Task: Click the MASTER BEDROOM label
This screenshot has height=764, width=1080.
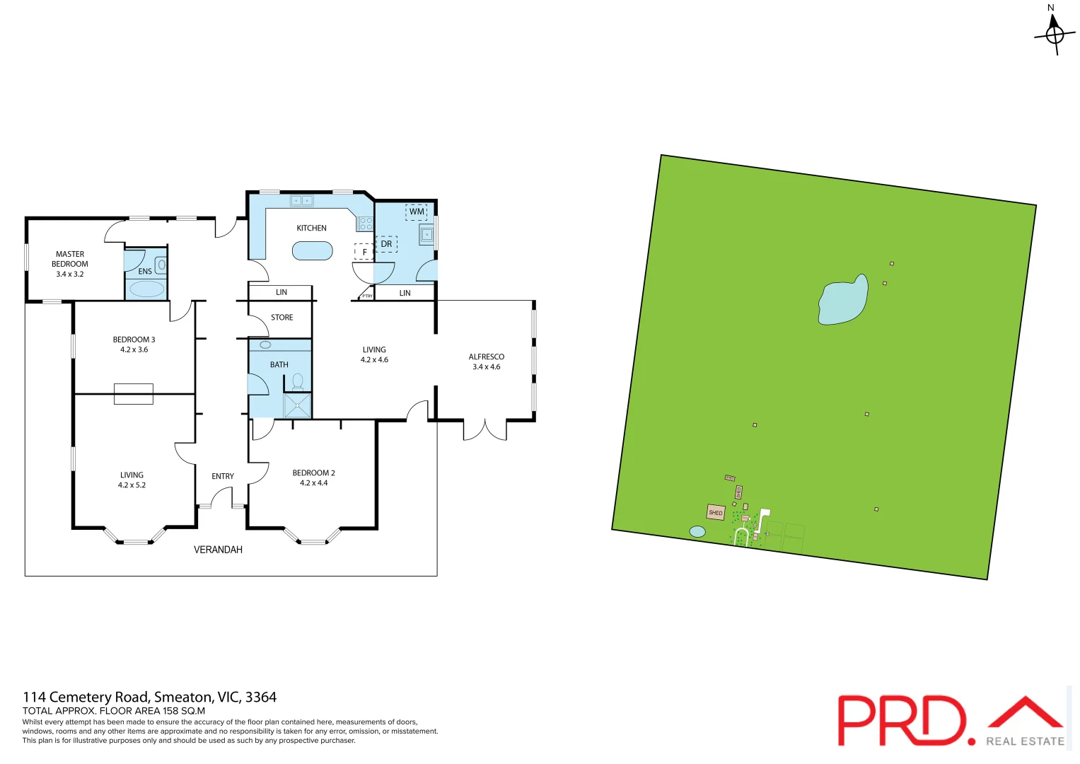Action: coord(70,259)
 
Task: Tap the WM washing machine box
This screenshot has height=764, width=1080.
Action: coord(417,212)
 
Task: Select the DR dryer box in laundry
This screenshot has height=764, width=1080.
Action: coord(386,244)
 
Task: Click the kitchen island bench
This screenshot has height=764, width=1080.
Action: coord(312,251)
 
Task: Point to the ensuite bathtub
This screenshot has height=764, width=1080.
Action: coord(146,289)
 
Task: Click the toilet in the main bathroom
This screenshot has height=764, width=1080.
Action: coord(298,382)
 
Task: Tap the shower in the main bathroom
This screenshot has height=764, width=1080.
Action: coord(297,405)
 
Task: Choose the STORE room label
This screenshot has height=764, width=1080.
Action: coord(281,318)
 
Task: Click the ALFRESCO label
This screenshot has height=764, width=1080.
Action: coord(487,357)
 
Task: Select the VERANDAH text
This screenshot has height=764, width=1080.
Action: coord(218,550)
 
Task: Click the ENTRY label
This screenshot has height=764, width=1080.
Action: coord(223,476)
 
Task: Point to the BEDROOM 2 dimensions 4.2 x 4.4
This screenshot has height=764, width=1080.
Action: coord(313,483)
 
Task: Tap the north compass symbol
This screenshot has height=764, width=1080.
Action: coord(1055,32)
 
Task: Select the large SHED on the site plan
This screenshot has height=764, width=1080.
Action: coord(716,512)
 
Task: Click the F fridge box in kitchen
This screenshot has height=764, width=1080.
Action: coord(364,252)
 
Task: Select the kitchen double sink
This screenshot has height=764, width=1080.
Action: coord(302,201)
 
